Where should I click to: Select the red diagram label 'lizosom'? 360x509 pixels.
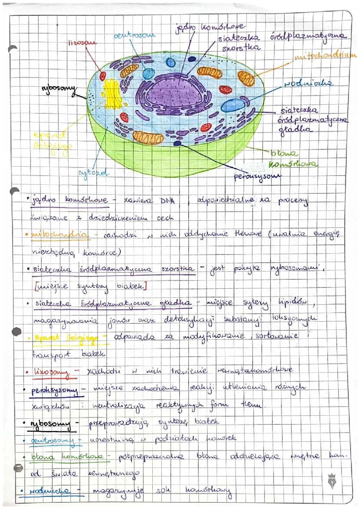click(x=82, y=43)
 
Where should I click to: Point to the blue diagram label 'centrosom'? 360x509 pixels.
click(x=134, y=35)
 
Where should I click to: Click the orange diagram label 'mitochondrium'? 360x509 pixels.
click(x=325, y=56)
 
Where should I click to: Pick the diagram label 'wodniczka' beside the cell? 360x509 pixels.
click(x=308, y=83)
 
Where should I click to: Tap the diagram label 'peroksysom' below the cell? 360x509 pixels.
click(x=257, y=176)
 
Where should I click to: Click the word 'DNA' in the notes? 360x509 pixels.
click(x=167, y=201)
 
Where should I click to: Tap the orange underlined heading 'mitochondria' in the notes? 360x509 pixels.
click(x=60, y=235)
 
